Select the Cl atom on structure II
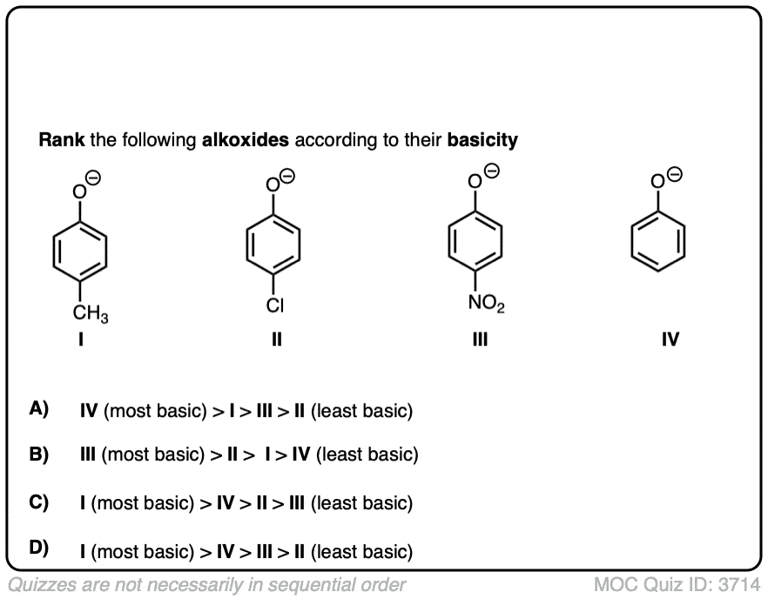click(x=276, y=305)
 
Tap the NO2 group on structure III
click(x=485, y=305)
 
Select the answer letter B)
click(x=39, y=454)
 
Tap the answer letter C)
click(x=39, y=502)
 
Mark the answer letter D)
click(x=39, y=549)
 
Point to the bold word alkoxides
click(x=246, y=140)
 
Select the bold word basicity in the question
click(x=482, y=140)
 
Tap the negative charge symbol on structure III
click(x=492, y=170)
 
